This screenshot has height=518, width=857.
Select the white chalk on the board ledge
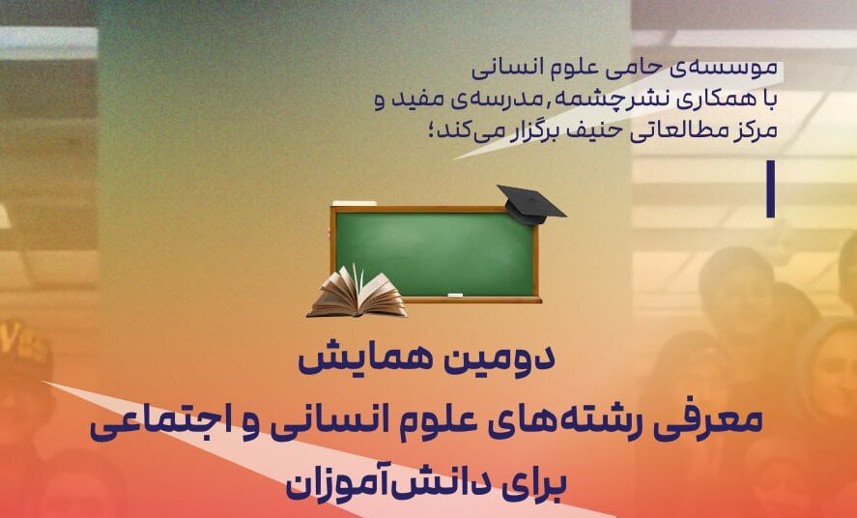455,296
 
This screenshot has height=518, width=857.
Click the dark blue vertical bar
771,189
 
